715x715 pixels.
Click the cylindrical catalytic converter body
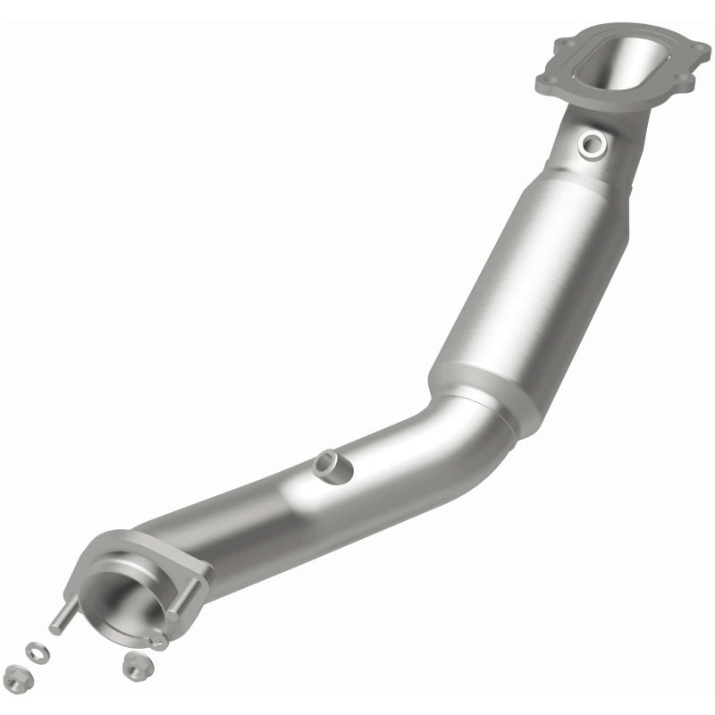(x=527, y=286)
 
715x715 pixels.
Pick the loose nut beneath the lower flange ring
(x=135, y=664)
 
